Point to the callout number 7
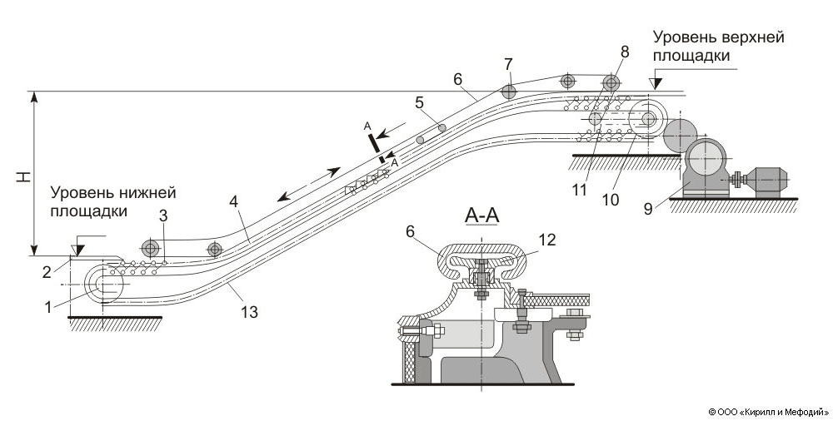tap(508, 64)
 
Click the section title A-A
tap(483, 217)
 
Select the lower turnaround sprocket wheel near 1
tap(110, 284)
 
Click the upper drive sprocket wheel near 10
tap(649, 118)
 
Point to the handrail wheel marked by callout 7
tap(509, 91)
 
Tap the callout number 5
tap(421, 103)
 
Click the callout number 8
tap(625, 51)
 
